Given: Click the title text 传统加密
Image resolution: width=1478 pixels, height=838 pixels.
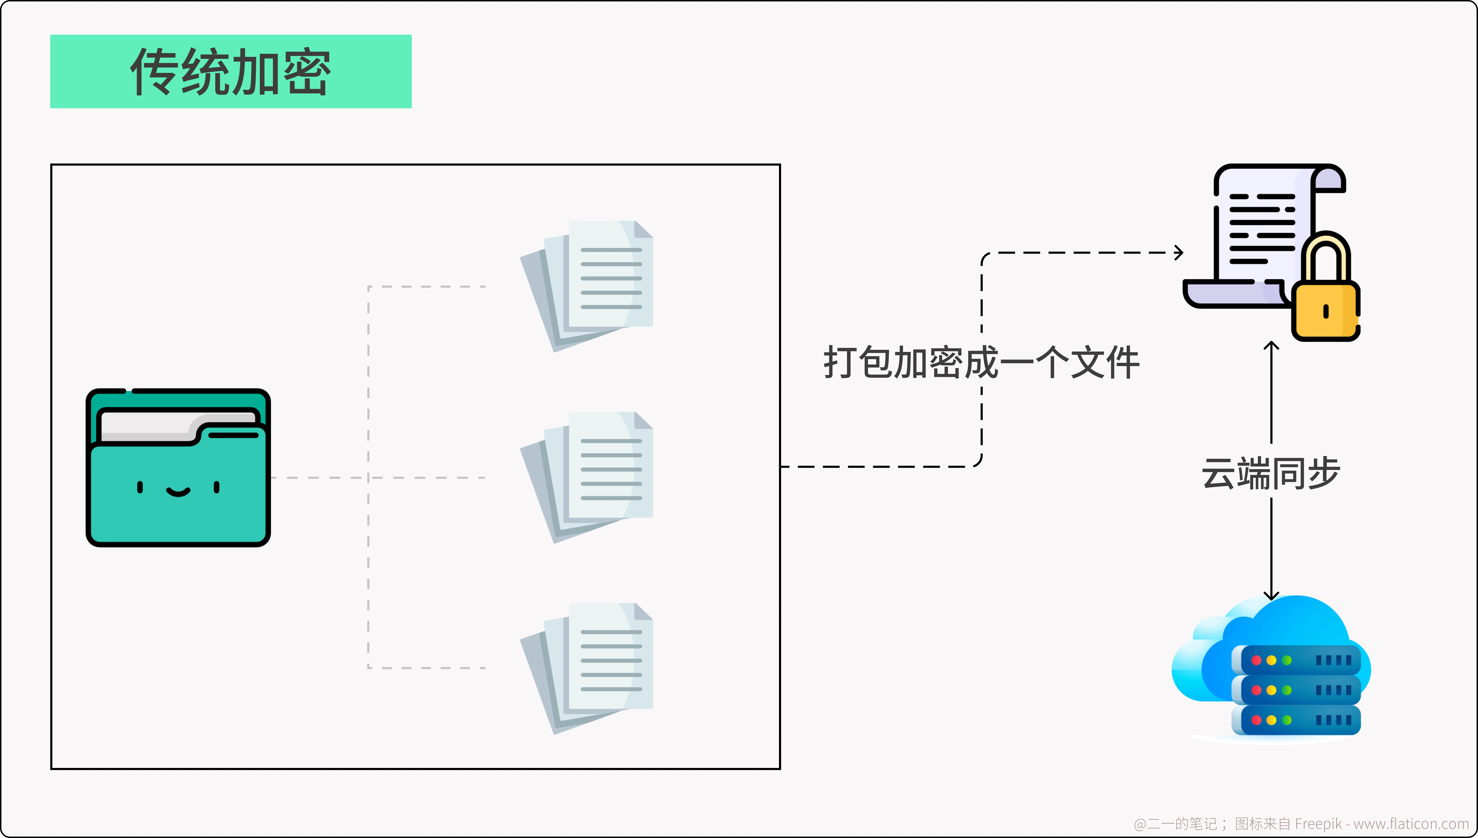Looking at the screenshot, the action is (231, 71).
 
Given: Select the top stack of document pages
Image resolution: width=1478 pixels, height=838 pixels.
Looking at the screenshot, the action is (586, 286).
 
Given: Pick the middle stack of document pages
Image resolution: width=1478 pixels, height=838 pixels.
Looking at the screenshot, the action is (586, 477).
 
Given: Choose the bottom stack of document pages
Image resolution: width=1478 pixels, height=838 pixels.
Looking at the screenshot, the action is (586, 668).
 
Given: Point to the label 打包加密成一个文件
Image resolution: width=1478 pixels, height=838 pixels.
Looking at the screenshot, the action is (982, 363).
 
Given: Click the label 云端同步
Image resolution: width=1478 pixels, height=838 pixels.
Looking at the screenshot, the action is (1271, 473).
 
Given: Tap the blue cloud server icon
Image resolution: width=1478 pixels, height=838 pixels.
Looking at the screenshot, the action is (1271, 668).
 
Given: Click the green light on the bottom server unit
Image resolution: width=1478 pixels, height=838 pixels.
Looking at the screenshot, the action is (1287, 720).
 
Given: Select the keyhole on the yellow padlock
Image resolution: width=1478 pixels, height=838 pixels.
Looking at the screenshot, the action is (1326, 311).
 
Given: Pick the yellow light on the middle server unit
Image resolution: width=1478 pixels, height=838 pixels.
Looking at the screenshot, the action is (1271, 690).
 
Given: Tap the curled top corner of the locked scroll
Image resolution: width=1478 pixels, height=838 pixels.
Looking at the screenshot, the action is (1329, 178).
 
